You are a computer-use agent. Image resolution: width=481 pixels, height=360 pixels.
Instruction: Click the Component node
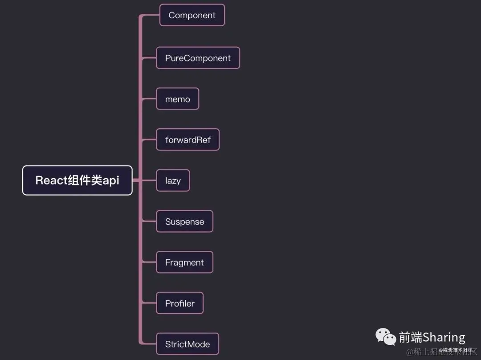[x=192, y=15]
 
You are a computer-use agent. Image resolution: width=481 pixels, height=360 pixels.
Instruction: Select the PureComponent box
[x=198, y=58]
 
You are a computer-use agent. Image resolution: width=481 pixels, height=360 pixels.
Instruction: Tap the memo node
[x=177, y=99]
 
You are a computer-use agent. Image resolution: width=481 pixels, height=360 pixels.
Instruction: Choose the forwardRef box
[x=188, y=140]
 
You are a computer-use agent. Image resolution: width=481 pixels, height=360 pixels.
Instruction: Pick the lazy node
[x=173, y=180]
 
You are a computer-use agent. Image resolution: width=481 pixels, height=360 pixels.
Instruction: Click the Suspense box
[x=184, y=221]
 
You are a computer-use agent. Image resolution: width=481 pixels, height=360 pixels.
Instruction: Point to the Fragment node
[x=184, y=262]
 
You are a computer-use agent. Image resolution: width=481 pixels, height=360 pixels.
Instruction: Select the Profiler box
[x=179, y=303]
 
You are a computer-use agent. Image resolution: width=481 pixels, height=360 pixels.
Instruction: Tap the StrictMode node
[x=187, y=344]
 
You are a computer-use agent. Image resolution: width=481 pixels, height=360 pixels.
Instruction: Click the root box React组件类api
[x=77, y=180]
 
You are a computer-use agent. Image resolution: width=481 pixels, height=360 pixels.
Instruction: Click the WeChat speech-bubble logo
[x=386, y=337]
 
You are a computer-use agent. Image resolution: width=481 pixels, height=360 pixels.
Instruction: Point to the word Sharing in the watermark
[x=444, y=337]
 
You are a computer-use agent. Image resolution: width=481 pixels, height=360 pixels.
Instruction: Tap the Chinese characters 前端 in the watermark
[x=410, y=337]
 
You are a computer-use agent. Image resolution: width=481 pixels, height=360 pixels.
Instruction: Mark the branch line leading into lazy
[x=149, y=180]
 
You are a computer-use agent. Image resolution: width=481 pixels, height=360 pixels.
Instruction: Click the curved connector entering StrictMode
[x=148, y=343]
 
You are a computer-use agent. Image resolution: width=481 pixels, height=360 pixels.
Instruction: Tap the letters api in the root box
[x=111, y=180]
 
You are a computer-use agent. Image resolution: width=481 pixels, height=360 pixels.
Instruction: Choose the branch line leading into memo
[x=149, y=99]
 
